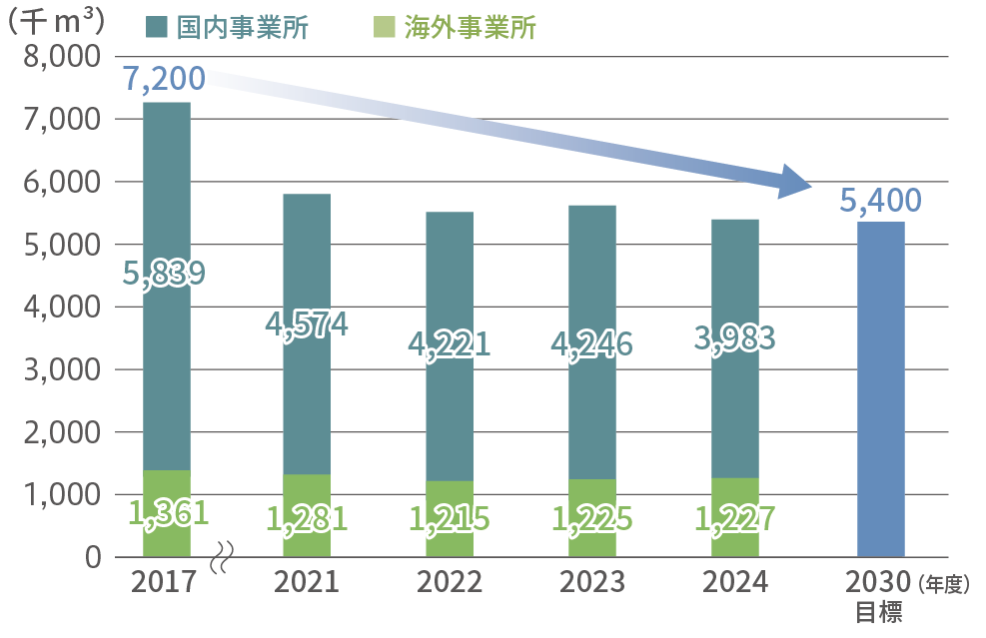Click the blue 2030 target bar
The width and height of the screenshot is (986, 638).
[880, 389]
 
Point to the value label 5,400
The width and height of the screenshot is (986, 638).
[880, 202]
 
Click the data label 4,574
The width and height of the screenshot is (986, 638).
[307, 324]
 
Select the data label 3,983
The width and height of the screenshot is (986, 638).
[733, 338]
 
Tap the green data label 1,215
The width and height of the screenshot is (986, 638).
[449, 519]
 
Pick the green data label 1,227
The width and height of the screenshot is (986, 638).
[733, 519]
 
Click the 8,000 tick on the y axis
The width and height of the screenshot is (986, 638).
[61, 57]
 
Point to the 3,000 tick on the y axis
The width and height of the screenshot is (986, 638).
[61, 369]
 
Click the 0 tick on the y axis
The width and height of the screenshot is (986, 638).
[92, 557]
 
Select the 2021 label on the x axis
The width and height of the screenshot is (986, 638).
[307, 583]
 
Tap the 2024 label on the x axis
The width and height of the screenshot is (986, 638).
[733, 583]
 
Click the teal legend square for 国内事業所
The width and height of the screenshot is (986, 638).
[158, 28]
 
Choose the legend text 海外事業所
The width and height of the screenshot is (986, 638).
[471, 28]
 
